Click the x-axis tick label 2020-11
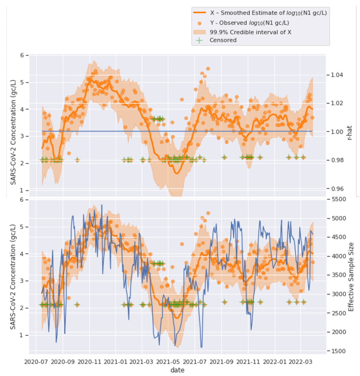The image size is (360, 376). point(90,361)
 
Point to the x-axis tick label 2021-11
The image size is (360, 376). point(248,361)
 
